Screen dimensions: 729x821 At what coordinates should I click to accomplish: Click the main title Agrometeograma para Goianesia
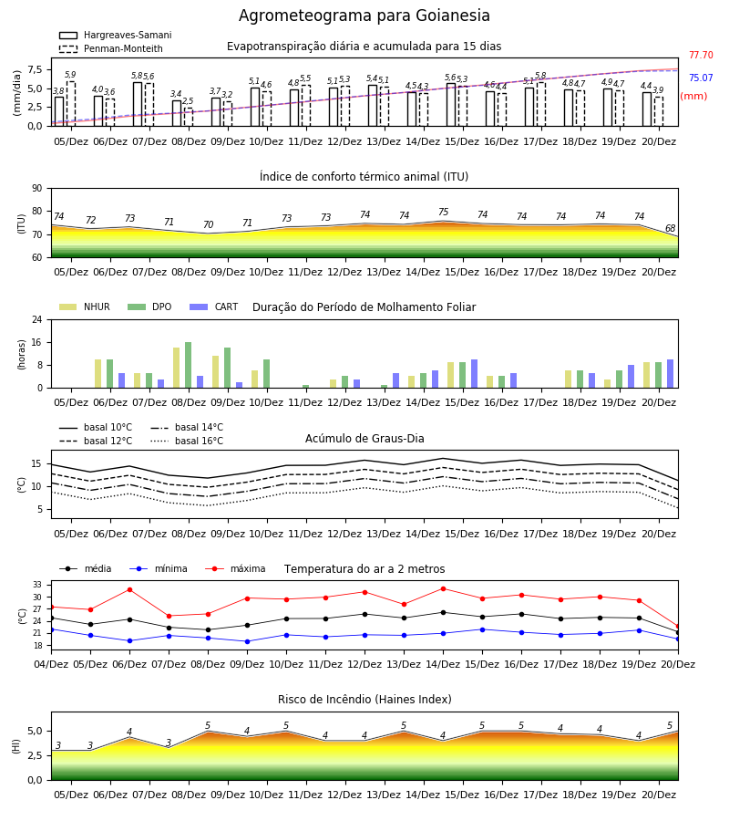click(364, 16)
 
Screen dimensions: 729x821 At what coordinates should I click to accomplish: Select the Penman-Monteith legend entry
click(111, 48)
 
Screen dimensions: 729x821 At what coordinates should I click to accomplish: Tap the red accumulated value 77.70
click(701, 55)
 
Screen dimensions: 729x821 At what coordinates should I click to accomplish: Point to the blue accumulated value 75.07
click(701, 78)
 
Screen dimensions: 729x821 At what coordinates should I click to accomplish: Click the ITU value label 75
click(444, 212)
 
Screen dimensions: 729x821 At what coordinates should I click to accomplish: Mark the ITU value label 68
click(670, 228)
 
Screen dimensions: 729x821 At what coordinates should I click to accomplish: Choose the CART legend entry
click(214, 307)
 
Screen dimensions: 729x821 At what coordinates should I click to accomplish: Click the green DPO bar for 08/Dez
click(189, 365)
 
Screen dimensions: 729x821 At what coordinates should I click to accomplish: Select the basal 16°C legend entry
click(187, 441)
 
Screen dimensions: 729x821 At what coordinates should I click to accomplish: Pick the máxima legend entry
click(235, 568)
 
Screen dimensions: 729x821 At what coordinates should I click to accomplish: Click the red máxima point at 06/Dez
click(129, 589)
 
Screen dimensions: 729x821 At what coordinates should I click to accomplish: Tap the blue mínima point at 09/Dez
click(247, 641)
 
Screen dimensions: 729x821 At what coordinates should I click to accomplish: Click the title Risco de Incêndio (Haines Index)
click(364, 700)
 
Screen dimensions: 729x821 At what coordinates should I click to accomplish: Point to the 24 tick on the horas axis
click(37, 319)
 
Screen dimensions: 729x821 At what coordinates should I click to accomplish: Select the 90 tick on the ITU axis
click(37, 189)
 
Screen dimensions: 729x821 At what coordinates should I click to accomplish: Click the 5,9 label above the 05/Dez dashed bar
click(70, 75)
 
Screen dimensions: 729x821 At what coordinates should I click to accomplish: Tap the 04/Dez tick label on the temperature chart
click(51, 664)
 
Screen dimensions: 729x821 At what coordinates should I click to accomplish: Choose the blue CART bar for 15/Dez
click(475, 374)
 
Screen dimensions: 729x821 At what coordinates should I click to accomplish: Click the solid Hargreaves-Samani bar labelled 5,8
click(138, 104)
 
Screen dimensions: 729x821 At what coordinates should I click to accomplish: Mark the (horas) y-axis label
click(22, 355)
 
